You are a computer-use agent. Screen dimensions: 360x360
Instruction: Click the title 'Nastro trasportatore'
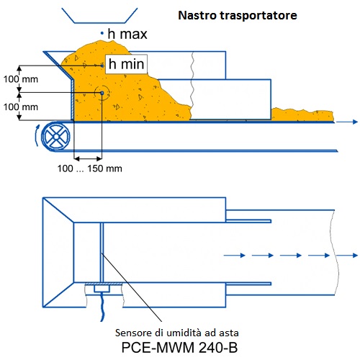coord(238,15)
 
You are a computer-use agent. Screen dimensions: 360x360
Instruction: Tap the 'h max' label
coord(127,34)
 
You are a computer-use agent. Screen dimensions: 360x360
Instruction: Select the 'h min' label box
coord(126,64)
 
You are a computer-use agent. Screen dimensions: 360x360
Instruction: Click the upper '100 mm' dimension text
coord(21,79)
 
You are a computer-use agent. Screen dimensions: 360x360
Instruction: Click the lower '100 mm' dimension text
coord(21,107)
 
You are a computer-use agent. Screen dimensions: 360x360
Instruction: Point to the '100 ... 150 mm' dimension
coord(89,168)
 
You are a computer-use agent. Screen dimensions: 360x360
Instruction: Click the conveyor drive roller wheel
coord(55,137)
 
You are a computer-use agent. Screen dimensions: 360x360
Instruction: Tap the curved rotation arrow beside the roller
coord(37,135)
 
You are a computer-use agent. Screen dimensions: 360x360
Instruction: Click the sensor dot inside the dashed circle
coord(102,93)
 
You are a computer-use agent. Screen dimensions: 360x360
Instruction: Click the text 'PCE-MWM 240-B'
coord(179,347)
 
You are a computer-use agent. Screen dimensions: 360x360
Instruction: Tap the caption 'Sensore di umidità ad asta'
coord(177,333)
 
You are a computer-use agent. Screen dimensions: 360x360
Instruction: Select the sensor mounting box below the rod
coord(102,288)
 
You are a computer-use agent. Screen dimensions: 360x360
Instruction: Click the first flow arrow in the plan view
coord(235,255)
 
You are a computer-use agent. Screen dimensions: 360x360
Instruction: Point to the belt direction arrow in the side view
coord(347,122)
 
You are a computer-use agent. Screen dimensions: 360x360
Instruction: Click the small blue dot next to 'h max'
coord(102,33)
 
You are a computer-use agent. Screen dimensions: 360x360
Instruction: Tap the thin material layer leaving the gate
coord(302,114)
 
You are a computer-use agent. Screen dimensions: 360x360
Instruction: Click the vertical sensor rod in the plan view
coord(102,252)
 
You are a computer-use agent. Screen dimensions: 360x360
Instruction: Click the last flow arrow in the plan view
coord(347,255)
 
